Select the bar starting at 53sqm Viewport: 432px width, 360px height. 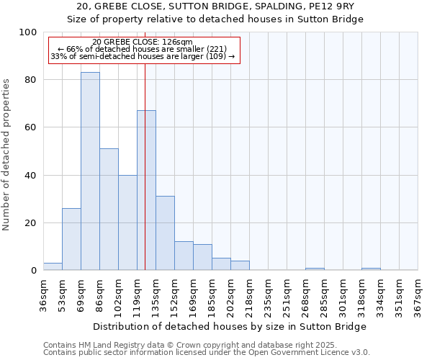point(71,239)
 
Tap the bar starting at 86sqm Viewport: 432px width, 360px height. point(109,210)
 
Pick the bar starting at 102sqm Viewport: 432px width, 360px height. point(127,222)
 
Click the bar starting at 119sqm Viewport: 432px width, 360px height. point(146,190)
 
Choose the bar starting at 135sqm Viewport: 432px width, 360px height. point(165,233)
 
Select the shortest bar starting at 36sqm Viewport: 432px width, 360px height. point(53,266)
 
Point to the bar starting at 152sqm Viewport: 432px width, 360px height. point(184,256)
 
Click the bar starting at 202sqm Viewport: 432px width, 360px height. point(240,266)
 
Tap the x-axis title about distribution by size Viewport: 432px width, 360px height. point(230,326)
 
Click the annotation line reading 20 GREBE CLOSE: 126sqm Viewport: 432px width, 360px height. point(143,42)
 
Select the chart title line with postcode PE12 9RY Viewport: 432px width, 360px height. point(215,6)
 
